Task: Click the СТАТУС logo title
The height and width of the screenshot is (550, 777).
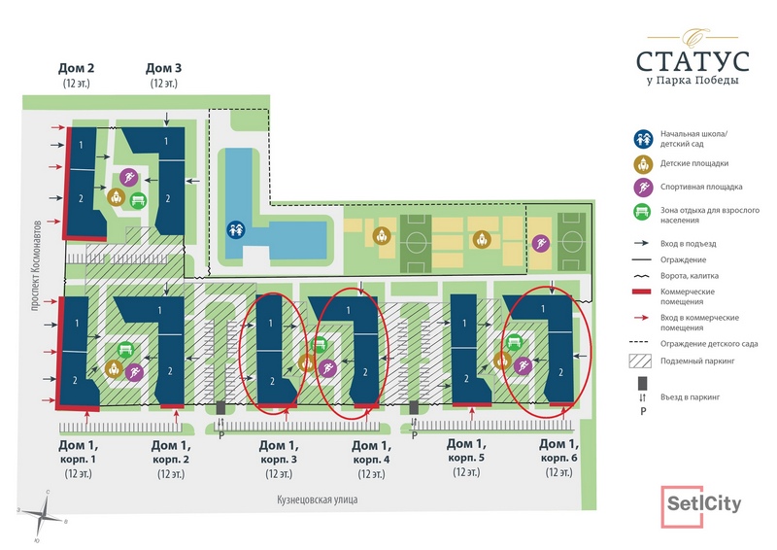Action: (693, 61)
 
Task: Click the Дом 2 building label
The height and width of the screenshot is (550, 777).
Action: (77, 68)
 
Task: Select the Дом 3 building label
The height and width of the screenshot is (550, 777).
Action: (163, 68)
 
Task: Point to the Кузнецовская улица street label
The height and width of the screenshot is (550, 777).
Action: (318, 498)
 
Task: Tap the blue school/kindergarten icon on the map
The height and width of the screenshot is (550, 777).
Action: (236, 229)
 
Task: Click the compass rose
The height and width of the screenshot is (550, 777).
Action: (44, 516)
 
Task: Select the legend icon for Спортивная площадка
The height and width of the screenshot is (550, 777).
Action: (643, 187)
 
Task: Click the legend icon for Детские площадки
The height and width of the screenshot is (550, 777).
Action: (643, 163)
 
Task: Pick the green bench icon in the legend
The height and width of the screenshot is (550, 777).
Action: (643, 212)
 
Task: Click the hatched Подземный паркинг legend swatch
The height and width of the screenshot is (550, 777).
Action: (640, 361)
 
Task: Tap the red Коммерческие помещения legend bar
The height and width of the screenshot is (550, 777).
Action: (641, 292)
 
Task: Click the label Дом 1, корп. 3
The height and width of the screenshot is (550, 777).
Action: (279, 452)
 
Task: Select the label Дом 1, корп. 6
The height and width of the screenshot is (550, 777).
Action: (559, 451)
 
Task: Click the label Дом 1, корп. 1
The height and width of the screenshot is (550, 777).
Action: (79, 452)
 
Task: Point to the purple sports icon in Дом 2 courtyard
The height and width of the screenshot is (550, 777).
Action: (129, 177)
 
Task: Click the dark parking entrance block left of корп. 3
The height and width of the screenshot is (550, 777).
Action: (220, 408)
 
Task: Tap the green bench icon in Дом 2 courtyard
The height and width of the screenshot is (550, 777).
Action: (138, 200)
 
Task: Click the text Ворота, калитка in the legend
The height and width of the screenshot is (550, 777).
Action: (689, 276)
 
